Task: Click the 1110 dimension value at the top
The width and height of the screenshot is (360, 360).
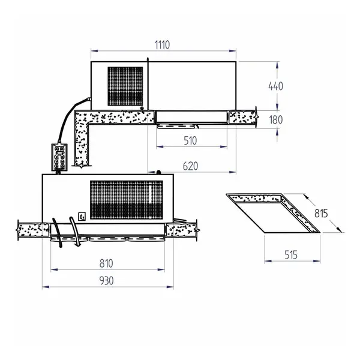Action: coord(163,44)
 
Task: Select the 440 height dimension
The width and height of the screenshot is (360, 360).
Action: coord(275,86)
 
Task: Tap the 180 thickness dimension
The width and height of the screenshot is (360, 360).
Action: coord(275,119)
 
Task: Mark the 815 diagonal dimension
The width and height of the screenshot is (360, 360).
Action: coord(322,212)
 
